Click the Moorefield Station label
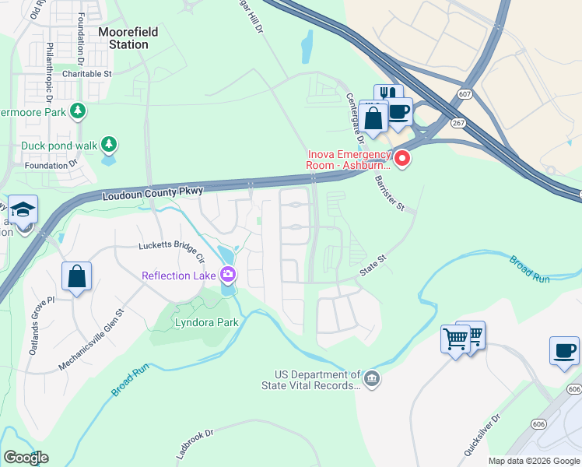[124, 38]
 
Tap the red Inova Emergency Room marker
[402, 160]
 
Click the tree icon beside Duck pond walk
[110, 144]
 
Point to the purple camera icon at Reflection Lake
[228, 274]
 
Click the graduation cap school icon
[23, 209]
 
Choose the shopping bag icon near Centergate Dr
[374, 118]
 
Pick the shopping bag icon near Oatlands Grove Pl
[77, 276]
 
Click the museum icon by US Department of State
[373, 379]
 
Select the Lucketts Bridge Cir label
[171, 251]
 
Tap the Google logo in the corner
[25, 458]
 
